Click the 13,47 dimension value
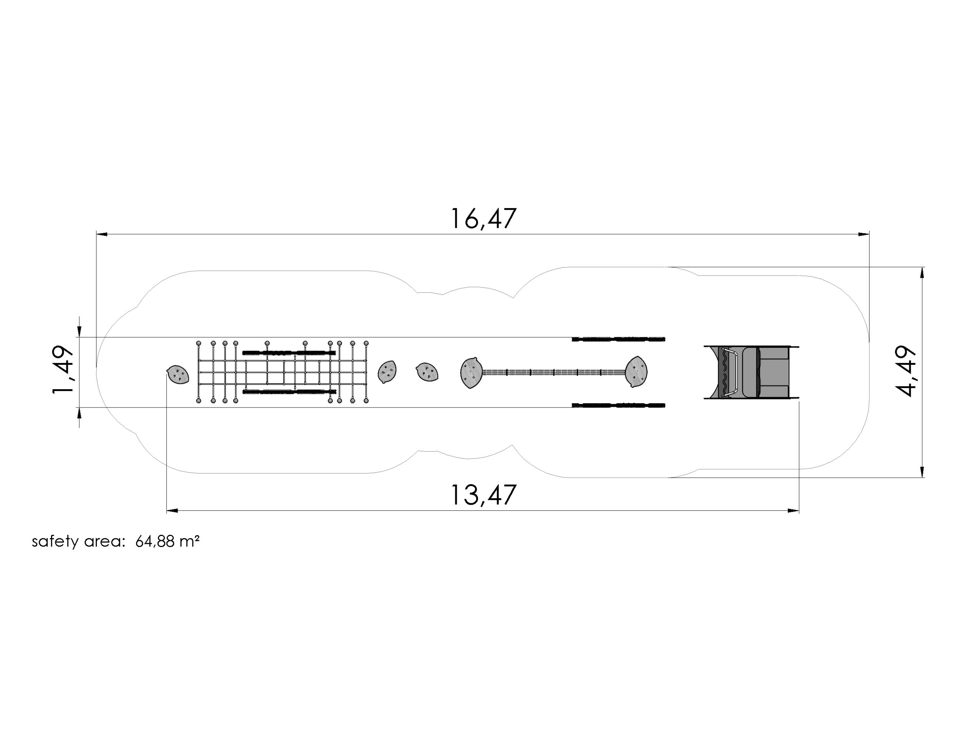coord(483,495)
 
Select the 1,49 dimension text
coord(63,370)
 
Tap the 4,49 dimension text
coord(906,371)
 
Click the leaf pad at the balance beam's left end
coord(472,372)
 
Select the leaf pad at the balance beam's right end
coord(636,371)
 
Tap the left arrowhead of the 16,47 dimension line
coord(102,234)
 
